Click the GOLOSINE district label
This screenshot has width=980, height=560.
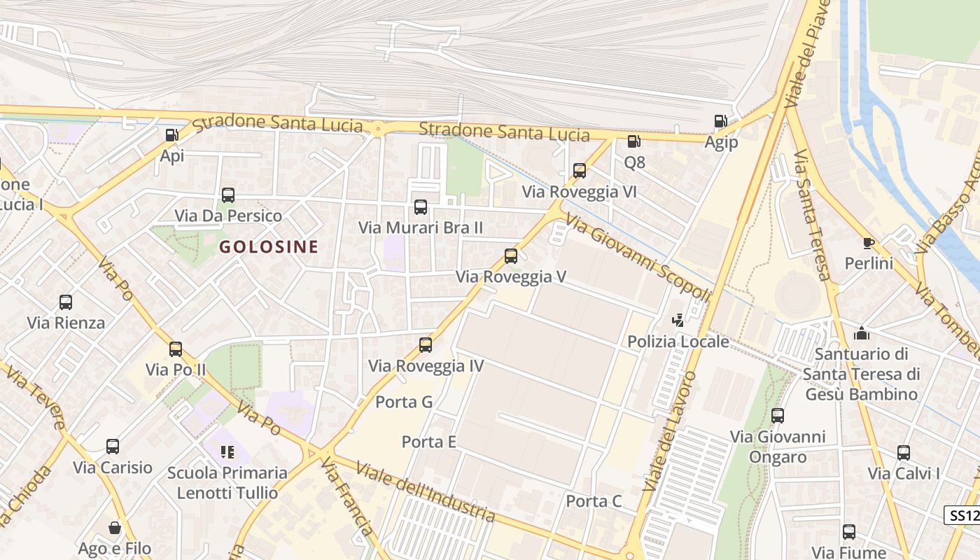click(x=269, y=246)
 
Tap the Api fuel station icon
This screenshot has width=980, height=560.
click(x=171, y=135)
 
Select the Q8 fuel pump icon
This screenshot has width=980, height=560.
click(x=633, y=141)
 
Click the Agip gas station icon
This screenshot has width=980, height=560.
click(x=720, y=122)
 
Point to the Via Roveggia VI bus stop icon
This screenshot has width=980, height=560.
click(x=580, y=171)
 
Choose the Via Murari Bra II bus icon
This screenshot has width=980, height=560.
click(x=421, y=207)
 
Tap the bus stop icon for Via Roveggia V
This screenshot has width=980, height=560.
click(x=511, y=256)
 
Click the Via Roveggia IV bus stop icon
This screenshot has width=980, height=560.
click(x=426, y=345)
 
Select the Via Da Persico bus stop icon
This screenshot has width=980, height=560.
click(x=228, y=195)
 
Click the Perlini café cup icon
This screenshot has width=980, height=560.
click(x=869, y=244)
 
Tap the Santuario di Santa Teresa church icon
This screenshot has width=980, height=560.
click(x=862, y=333)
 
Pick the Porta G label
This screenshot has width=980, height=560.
click(x=404, y=402)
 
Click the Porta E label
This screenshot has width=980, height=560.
click(x=428, y=442)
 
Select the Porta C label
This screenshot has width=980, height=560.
click(x=594, y=501)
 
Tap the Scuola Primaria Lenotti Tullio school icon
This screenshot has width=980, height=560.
click(x=227, y=452)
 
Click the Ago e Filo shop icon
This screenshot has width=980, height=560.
click(x=115, y=528)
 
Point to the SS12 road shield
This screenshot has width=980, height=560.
click(x=963, y=516)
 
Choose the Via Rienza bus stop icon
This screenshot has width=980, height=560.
click(x=66, y=302)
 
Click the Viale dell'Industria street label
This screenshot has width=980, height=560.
click(x=425, y=491)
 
